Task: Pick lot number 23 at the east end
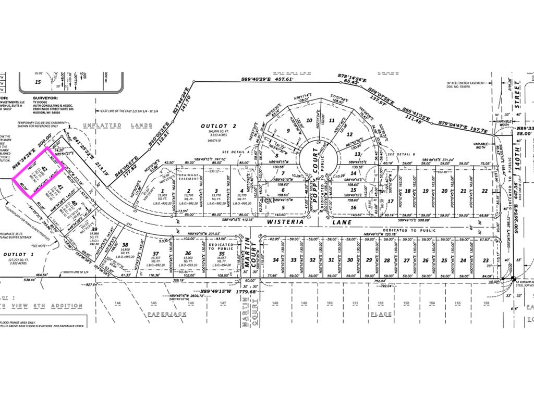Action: coord(486,260)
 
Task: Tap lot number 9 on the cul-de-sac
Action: coord(287,131)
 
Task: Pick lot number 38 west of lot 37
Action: coord(125,245)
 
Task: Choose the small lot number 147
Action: coord(222,303)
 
